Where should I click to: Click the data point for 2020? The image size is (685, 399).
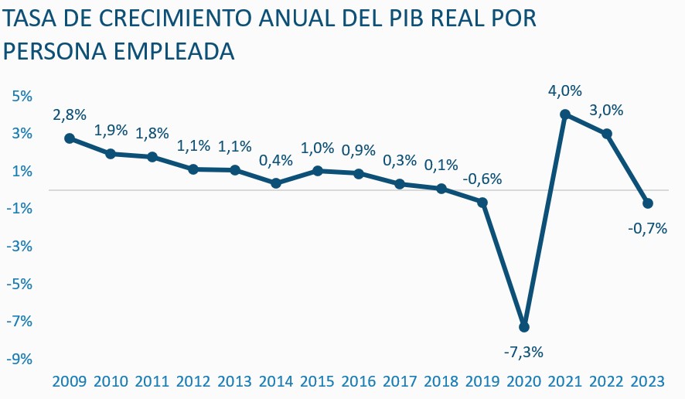pos(523,326)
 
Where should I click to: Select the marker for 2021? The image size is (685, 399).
pos(565,114)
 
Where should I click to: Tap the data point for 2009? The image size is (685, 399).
pos(70,138)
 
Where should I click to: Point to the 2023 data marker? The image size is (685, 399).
pos(648,203)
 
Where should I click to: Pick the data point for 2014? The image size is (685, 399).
pos(276,183)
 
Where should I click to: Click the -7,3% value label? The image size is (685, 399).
pos(523,352)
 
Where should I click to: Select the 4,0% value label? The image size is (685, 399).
pos(565,91)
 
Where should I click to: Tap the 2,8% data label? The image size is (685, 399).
pos(70,115)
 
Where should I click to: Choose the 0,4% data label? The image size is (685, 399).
pos(276,160)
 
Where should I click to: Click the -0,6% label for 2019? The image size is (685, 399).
pos(482,179)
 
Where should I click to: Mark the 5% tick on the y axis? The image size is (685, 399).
pos(21,96)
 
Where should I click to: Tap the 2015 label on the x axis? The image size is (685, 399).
pos(317,382)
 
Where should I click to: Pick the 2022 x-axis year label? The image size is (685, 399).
pos(606,382)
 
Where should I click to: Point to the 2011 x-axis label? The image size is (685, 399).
pos(152,382)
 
